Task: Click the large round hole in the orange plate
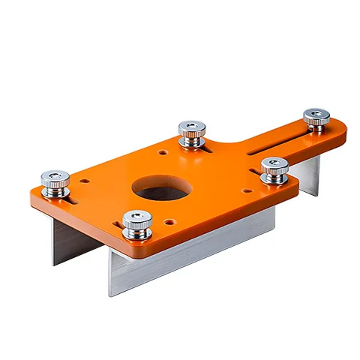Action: tap(160, 189)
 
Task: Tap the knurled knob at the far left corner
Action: tap(56, 182)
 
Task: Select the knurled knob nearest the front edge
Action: tap(136, 222)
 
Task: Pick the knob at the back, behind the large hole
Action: tap(191, 131)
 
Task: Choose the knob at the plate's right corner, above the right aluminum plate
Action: tap(274, 168)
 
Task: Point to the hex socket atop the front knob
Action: tap(136, 216)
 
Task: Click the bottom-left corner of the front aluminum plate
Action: tap(111, 292)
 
